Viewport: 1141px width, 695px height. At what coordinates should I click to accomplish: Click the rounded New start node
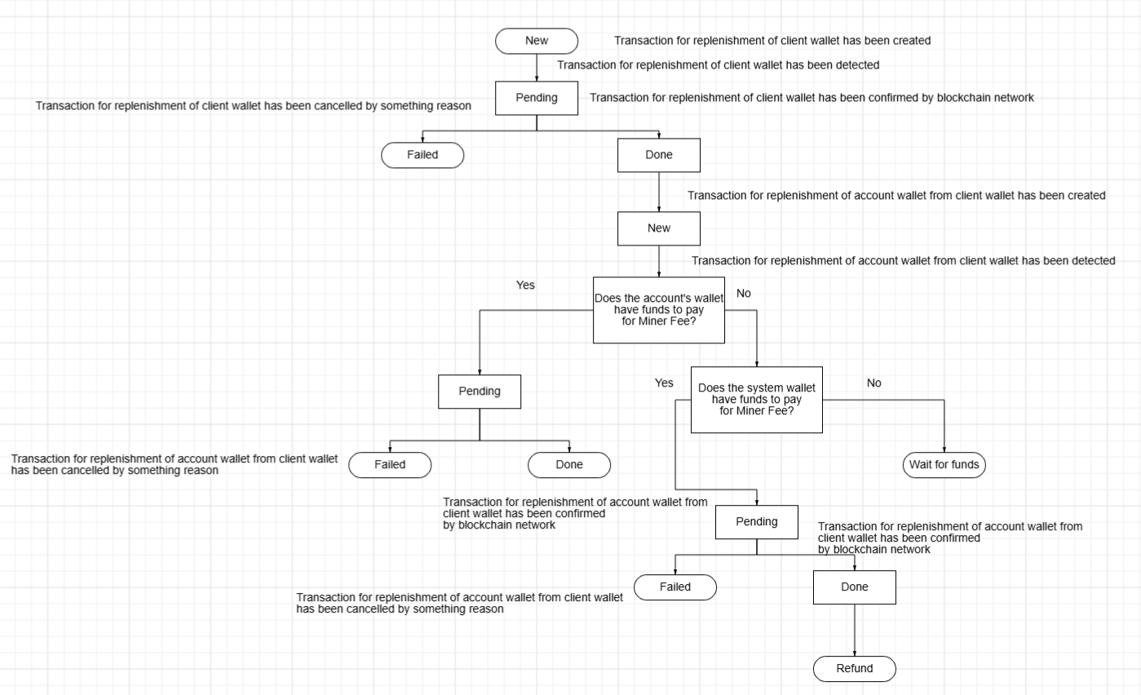click(x=537, y=41)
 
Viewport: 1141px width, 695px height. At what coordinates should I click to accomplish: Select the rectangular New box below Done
click(x=659, y=228)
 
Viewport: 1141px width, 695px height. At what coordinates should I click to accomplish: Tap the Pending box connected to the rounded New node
click(x=537, y=98)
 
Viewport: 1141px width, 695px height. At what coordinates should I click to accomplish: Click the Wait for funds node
click(x=944, y=465)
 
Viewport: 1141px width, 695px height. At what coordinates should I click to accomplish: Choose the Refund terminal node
click(x=855, y=669)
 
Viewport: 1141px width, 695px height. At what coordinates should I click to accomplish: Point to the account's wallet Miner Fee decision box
click(x=659, y=310)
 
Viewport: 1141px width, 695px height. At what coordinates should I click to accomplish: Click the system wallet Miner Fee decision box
click(x=757, y=400)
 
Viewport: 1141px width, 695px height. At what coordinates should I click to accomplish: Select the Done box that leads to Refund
click(x=855, y=587)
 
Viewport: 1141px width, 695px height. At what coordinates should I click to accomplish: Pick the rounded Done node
click(x=569, y=465)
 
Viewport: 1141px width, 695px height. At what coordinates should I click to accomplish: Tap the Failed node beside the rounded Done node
click(x=390, y=465)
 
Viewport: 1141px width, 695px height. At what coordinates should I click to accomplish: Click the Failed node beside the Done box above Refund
click(x=675, y=587)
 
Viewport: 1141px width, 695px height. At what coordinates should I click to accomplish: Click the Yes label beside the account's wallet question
click(x=526, y=286)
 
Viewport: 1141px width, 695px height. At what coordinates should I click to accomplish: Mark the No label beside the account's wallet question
click(x=744, y=294)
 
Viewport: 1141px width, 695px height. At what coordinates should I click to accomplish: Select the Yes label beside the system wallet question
click(x=665, y=383)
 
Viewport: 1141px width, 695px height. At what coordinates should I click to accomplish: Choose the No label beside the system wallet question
click(x=874, y=383)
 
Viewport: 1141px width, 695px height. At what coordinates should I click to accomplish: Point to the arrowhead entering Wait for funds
click(x=944, y=449)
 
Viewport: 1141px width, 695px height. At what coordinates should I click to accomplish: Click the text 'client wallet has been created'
click(x=772, y=41)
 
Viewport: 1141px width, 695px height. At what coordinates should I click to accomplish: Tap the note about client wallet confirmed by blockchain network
click(x=812, y=98)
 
